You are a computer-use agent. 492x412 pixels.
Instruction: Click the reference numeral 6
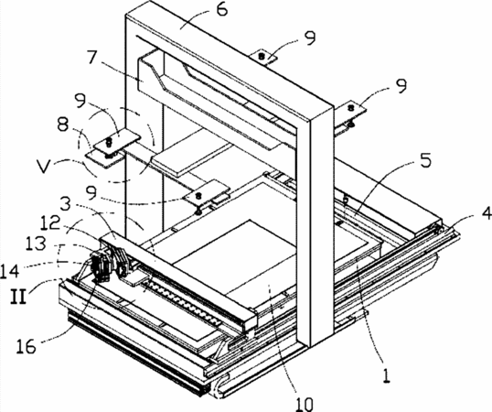click(x=221, y=9)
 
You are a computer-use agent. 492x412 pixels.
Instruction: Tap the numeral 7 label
click(x=93, y=57)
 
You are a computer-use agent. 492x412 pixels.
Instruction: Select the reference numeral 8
click(x=64, y=125)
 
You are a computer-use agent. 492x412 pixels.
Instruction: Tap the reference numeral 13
click(x=37, y=244)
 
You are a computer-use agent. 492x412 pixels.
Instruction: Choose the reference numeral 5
click(x=426, y=160)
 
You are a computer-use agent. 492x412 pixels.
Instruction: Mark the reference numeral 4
click(x=485, y=214)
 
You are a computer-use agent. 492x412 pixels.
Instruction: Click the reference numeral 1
click(x=387, y=375)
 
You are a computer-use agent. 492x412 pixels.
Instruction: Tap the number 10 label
click(x=304, y=404)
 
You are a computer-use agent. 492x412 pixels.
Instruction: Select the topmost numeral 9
click(x=310, y=38)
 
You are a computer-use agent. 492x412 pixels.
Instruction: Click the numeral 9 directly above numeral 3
click(x=91, y=193)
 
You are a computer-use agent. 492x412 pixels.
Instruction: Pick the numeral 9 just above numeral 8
click(x=81, y=101)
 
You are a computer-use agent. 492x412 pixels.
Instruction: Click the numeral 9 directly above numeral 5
click(x=401, y=86)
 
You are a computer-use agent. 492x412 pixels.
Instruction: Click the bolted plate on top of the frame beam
click(x=262, y=57)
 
